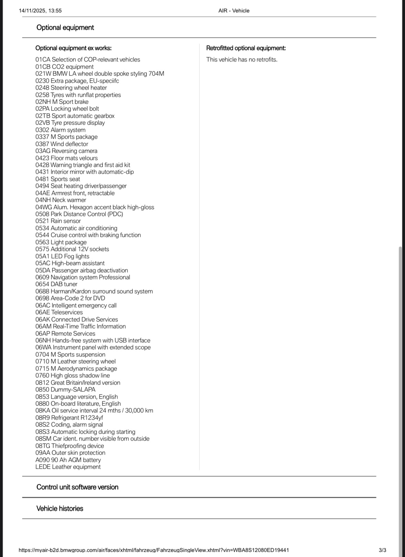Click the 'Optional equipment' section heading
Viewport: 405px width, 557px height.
[65, 27]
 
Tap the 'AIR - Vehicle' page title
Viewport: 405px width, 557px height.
[234, 11]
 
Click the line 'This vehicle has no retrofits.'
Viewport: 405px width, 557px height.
[242, 59]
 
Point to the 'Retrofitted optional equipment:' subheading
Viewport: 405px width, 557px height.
[246, 48]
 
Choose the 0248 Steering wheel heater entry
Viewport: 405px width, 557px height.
[71, 88]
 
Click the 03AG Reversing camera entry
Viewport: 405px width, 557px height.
[66, 151]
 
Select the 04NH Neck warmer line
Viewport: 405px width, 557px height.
[61, 200]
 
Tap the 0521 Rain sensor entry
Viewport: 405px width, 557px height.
[58, 221]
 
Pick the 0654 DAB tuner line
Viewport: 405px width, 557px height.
[56, 284]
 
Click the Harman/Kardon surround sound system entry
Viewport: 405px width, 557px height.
[94, 291]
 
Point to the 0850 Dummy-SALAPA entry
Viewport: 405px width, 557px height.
[65, 389]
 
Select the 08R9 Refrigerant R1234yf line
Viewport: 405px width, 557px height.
[69, 418]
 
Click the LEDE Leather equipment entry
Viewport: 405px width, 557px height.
[68, 467]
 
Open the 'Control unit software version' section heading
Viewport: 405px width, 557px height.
[77, 487]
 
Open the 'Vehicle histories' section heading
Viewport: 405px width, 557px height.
[60, 508]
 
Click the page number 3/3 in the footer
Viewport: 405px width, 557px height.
[382, 550]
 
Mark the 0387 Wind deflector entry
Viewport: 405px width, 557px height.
[62, 144]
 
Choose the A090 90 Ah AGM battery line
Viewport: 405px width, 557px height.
[68, 460]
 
